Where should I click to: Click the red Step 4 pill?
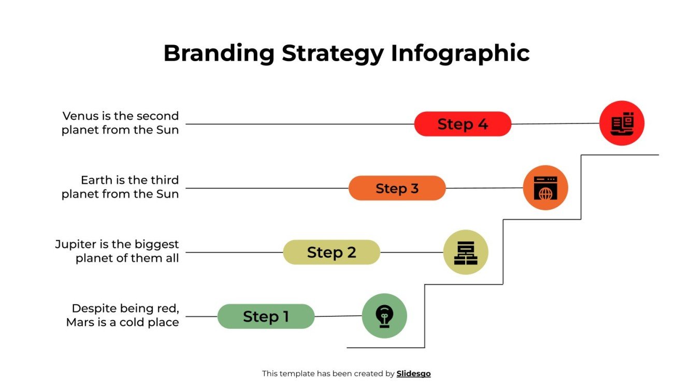tap(463, 124)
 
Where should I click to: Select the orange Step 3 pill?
tap(397, 189)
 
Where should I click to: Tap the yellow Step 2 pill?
tap(331, 253)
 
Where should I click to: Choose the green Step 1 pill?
tap(266, 316)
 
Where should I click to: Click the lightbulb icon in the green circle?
tap(384, 316)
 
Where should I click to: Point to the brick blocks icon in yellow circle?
tap(466, 252)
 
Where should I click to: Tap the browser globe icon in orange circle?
tap(546, 188)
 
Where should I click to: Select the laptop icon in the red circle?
tap(622, 123)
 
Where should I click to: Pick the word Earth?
tap(95, 180)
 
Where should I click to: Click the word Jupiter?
tap(75, 244)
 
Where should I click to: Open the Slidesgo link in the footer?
tap(413, 373)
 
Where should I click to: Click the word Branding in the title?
tap(219, 53)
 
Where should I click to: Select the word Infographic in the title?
tap(460, 53)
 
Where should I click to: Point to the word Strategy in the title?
tap(333, 53)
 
